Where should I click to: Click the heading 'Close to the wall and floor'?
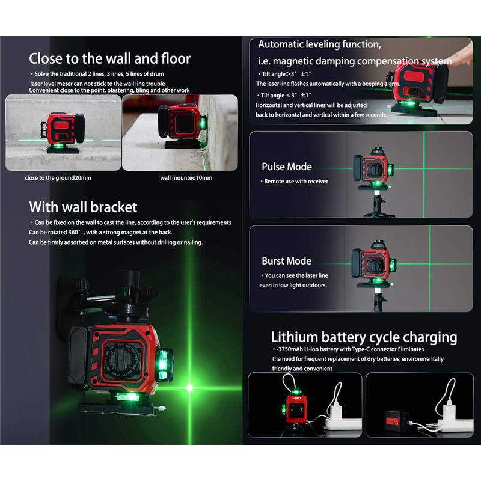[x=110, y=58]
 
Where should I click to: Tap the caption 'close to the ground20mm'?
[x=58, y=178]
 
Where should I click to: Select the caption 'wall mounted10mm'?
[x=186, y=178]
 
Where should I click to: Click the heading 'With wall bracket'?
[x=83, y=207]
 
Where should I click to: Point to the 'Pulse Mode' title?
[x=287, y=167]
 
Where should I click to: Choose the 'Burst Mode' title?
[x=287, y=261]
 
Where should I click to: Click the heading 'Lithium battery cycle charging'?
[x=364, y=337]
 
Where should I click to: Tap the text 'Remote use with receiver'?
[x=296, y=182]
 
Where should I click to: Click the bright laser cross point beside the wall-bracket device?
[x=190, y=388]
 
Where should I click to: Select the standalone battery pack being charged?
[x=396, y=420]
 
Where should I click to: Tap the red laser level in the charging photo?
[x=295, y=409]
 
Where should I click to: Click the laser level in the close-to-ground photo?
[x=63, y=132]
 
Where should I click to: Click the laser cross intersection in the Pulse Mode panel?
[x=424, y=168]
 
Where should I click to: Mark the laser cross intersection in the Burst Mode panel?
[x=430, y=263]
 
